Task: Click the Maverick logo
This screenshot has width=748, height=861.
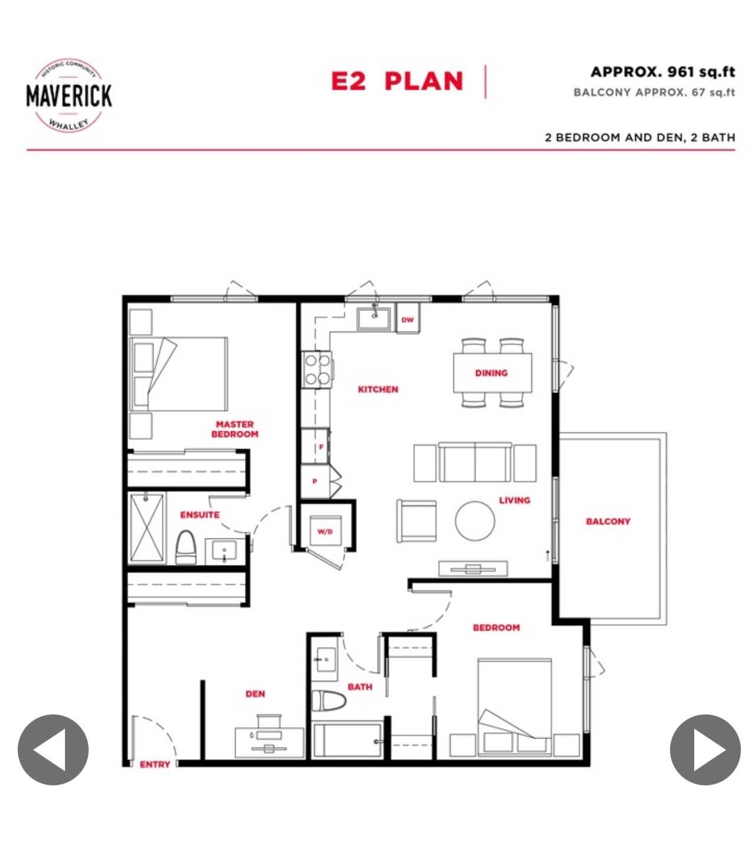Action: [x=69, y=96]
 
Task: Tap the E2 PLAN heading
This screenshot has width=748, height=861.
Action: [x=396, y=81]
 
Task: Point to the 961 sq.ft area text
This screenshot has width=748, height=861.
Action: [x=662, y=72]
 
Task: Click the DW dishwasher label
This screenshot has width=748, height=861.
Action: [x=407, y=320]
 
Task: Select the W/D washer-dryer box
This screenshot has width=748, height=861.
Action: [x=325, y=531]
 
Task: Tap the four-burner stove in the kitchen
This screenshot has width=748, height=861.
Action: [x=317, y=370]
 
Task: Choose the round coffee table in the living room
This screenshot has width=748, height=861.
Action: [x=474, y=521]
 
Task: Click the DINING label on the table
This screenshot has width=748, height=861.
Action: [x=491, y=373]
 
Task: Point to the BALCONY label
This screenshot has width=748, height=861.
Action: [x=608, y=521]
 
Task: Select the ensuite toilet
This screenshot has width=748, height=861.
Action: [x=186, y=547]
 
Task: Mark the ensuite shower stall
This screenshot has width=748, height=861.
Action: [x=147, y=528]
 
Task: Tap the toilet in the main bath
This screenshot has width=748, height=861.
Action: [x=329, y=701]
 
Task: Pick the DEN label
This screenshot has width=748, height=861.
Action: [x=255, y=694]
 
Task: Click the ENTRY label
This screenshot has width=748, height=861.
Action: [x=155, y=764]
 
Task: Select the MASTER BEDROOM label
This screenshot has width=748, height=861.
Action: [x=235, y=429]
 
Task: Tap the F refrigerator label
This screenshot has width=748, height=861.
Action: [x=321, y=447]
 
